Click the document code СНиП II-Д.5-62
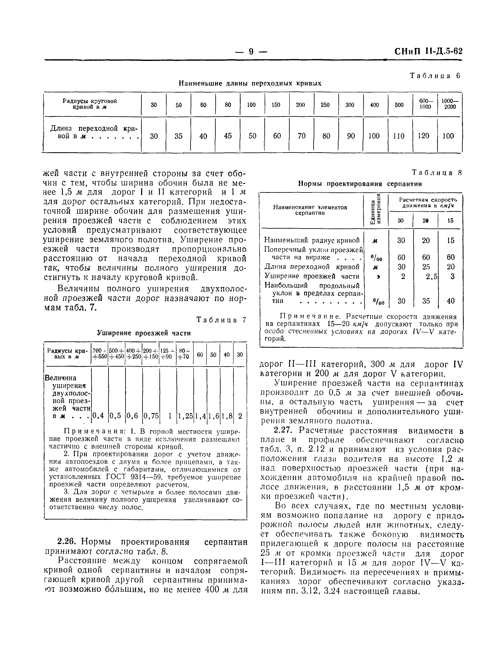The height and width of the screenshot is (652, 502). tap(428, 51)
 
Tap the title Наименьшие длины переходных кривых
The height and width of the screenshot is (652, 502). tap(250, 83)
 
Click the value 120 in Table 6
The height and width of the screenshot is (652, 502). tap(423, 136)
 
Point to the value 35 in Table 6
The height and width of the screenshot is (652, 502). tap(178, 136)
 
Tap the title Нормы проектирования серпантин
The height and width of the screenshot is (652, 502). tap(360, 184)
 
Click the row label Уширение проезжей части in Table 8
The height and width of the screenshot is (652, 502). tap(312, 276)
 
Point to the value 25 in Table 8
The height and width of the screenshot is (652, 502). tap(426, 267)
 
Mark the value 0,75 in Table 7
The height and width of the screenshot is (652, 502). tap(151, 416)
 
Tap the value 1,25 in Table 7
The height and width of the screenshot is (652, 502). tap(185, 416)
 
